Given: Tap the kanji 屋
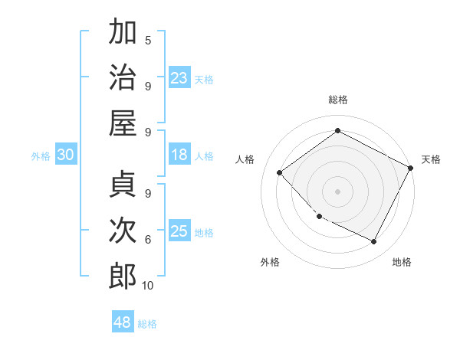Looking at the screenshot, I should click(x=123, y=123).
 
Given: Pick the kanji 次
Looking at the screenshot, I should click(x=123, y=231).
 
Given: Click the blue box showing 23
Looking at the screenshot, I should click(x=179, y=77).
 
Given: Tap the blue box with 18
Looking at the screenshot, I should click(x=179, y=155).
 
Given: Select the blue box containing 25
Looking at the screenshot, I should click(x=179, y=231).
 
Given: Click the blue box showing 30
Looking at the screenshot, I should click(x=65, y=155).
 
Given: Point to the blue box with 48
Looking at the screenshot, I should click(x=123, y=322).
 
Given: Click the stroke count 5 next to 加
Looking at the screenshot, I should click(x=148, y=40).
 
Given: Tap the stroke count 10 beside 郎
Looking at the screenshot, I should click(x=148, y=285).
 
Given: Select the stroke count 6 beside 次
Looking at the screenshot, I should click(x=148, y=239).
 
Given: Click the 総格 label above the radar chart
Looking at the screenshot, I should click(x=337, y=100).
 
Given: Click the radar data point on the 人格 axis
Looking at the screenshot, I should click(x=280, y=172).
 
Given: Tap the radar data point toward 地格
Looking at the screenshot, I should click(x=374, y=242).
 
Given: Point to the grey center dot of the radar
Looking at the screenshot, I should click(x=337, y=191).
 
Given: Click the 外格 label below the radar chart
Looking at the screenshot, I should click(x=270, y=262).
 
